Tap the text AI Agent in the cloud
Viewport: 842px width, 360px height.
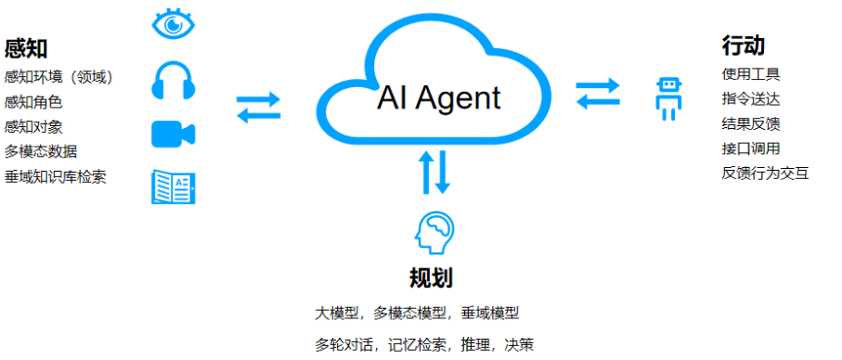click(x=438, y=97)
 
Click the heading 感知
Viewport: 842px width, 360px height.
click(x=26, y=48)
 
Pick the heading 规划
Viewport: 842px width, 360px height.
click(x=431, y=277)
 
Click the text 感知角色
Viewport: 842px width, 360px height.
click(x=33, y=102)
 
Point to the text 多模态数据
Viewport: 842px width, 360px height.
click(x=41, y=151)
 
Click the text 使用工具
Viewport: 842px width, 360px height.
click(x=751, y=73)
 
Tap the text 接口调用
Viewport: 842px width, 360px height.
click(x=751, y=148)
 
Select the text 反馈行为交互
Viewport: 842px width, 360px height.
click(x=765, y=173)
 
